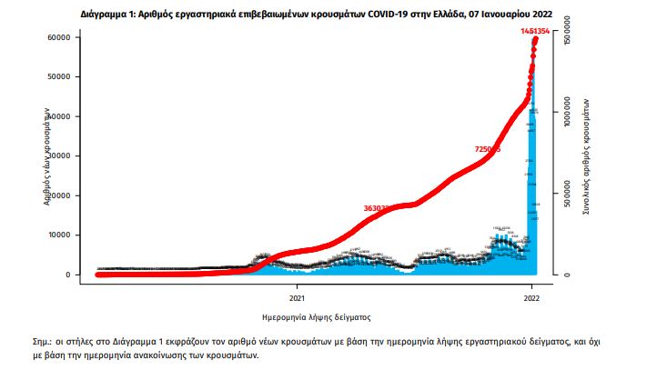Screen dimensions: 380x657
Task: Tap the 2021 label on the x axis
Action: [298, 297]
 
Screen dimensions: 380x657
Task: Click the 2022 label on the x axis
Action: [533, 297]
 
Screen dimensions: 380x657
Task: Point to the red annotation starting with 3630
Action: [377, 208]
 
